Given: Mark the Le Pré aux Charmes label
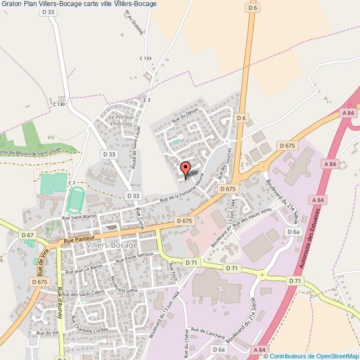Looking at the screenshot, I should pyautogui.click(x=121, y=120).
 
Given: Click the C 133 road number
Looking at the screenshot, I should pyautogui.click(x=145, y=58).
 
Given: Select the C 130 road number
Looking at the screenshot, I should pyautogui.click(x=59, y=104).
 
